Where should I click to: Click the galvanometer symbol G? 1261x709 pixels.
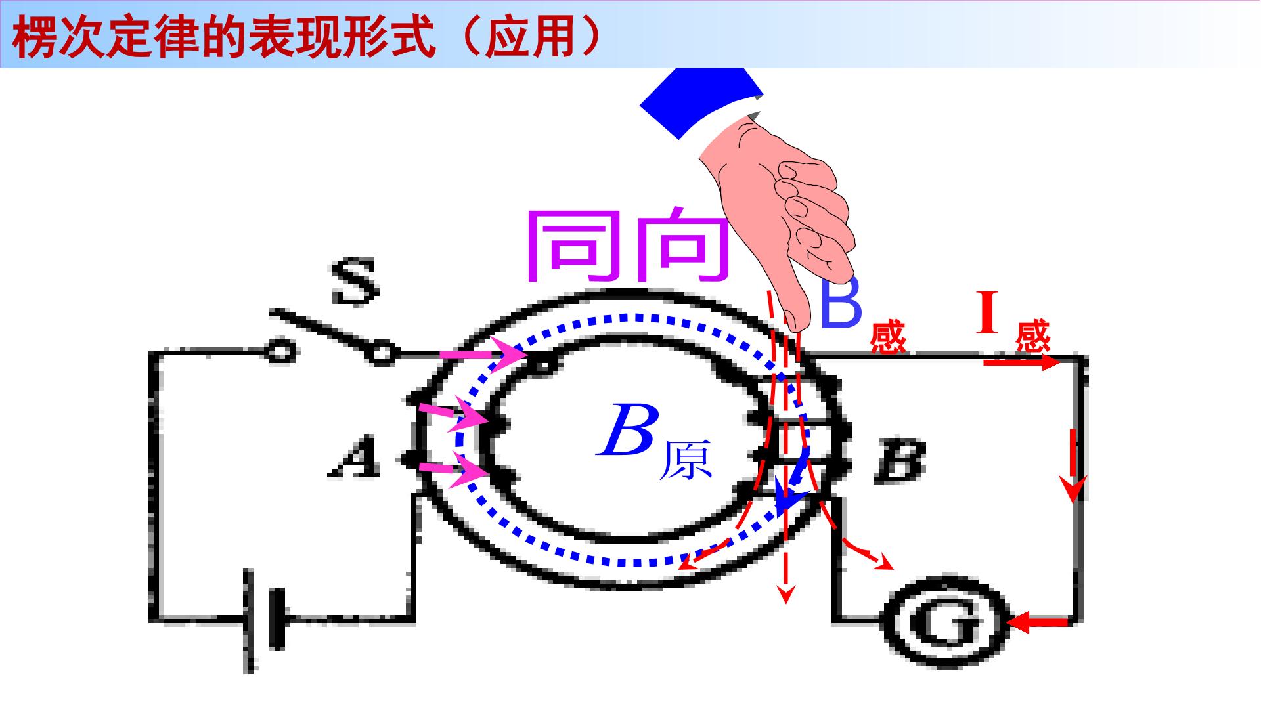coord(943,622)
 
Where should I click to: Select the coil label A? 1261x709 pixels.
coord(355,458)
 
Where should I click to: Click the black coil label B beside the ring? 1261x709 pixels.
coord(900,462)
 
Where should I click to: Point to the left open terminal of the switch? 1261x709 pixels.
coord(280,353)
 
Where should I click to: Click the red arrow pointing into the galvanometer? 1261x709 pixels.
coord(1038,621)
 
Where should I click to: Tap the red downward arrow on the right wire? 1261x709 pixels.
coord(1074,465)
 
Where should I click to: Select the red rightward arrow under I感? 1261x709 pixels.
coord(1021,362)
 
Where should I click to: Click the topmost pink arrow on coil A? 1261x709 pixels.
coord(483,356)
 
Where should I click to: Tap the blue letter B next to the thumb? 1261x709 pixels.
coord(841,302)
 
